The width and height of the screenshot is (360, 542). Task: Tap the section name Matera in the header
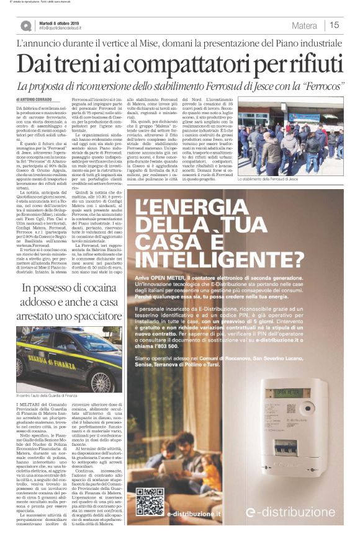(305, 25)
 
